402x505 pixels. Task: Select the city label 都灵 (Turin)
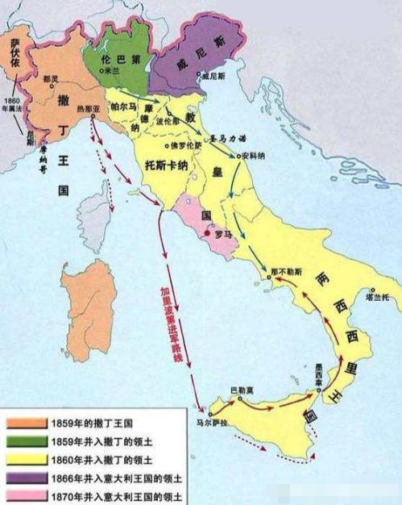coord(50,79)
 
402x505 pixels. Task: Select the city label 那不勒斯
coord(286,262)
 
